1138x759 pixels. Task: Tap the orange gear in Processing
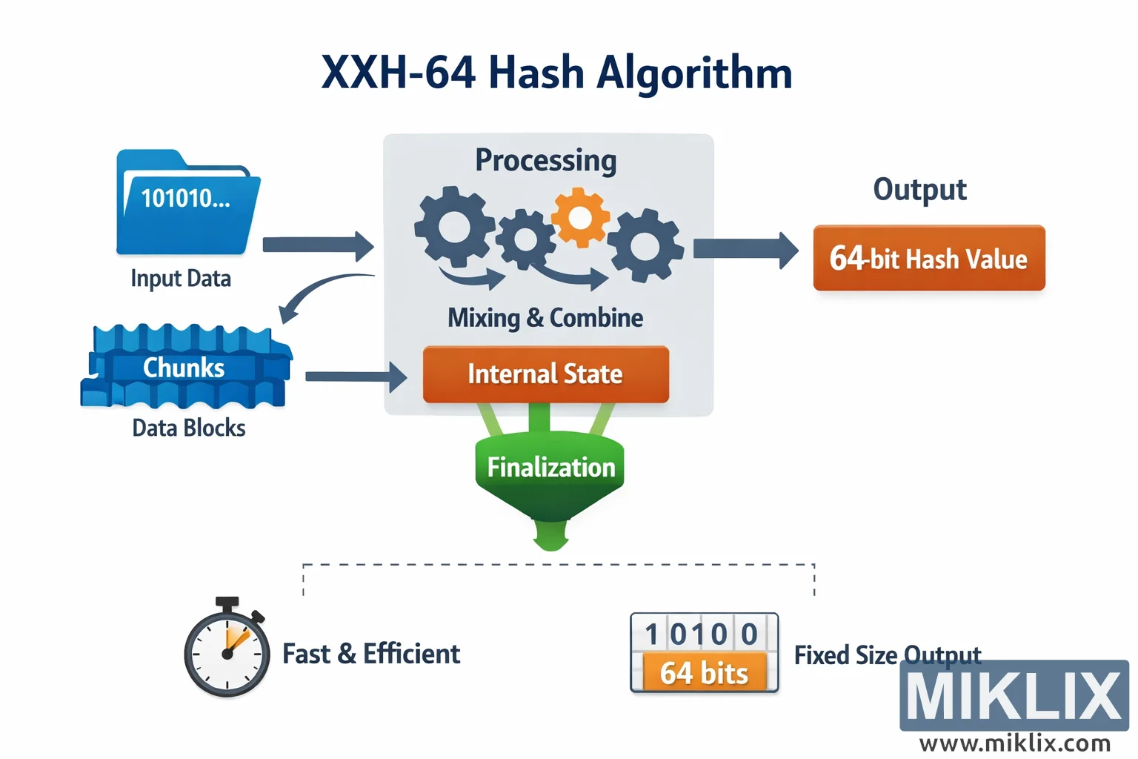pyautogui.click(x=580, y=217)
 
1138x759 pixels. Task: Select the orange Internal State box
pyautogui.click(x=545, y=374)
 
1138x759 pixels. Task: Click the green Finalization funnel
pyautogui.click(x=550, y=474)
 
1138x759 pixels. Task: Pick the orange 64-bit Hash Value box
pyautogui.click(x=928, y=258)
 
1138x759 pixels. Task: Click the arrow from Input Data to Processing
pyautogui.click(x=318, y=245)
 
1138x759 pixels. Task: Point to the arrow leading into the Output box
pyautogui.click(x=745, y=249)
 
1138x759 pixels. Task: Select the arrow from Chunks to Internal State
pyautogui.click(x=355, y=377)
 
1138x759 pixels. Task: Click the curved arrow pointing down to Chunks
pyautogui.click(x=319, y=293)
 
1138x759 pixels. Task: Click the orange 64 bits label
pyautogui.click(x=704, y=673)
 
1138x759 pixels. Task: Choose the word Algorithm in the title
pyautogui.click(x=694, y=73)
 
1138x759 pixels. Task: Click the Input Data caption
pyautogui.click(x=181, y=279)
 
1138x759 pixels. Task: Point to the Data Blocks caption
pyautogui.click(x=189, y=428)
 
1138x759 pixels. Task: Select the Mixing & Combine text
pyautogui.click(x=545, y=318)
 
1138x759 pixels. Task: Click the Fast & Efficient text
pyautogui.click(x=371, y=654)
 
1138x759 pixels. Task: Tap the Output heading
pyautogui.click(x=919, y=190)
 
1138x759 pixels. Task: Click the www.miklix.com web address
pyautogui.click(x=1014, y=743)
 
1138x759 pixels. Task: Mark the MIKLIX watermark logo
pyautogui.click(x=1014, y=695)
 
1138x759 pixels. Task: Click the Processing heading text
pyautogui.click(x=545, y=160)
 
